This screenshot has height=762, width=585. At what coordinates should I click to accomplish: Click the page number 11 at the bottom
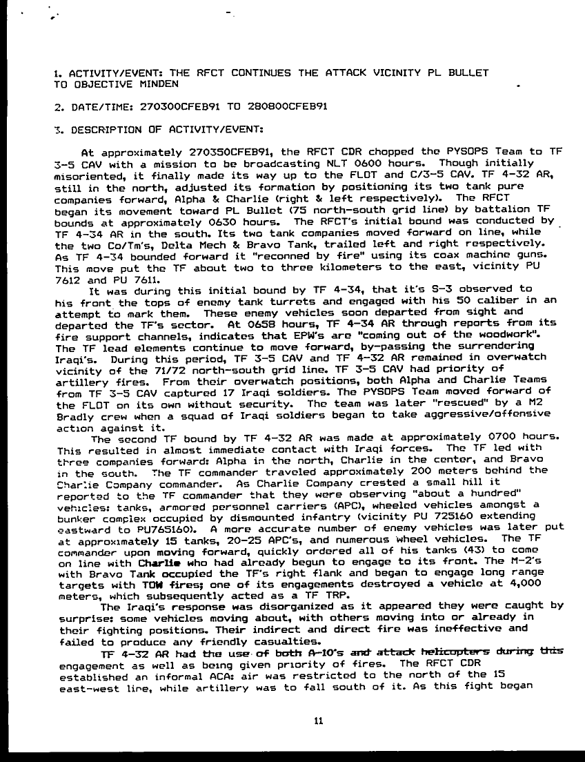(318, 723)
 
